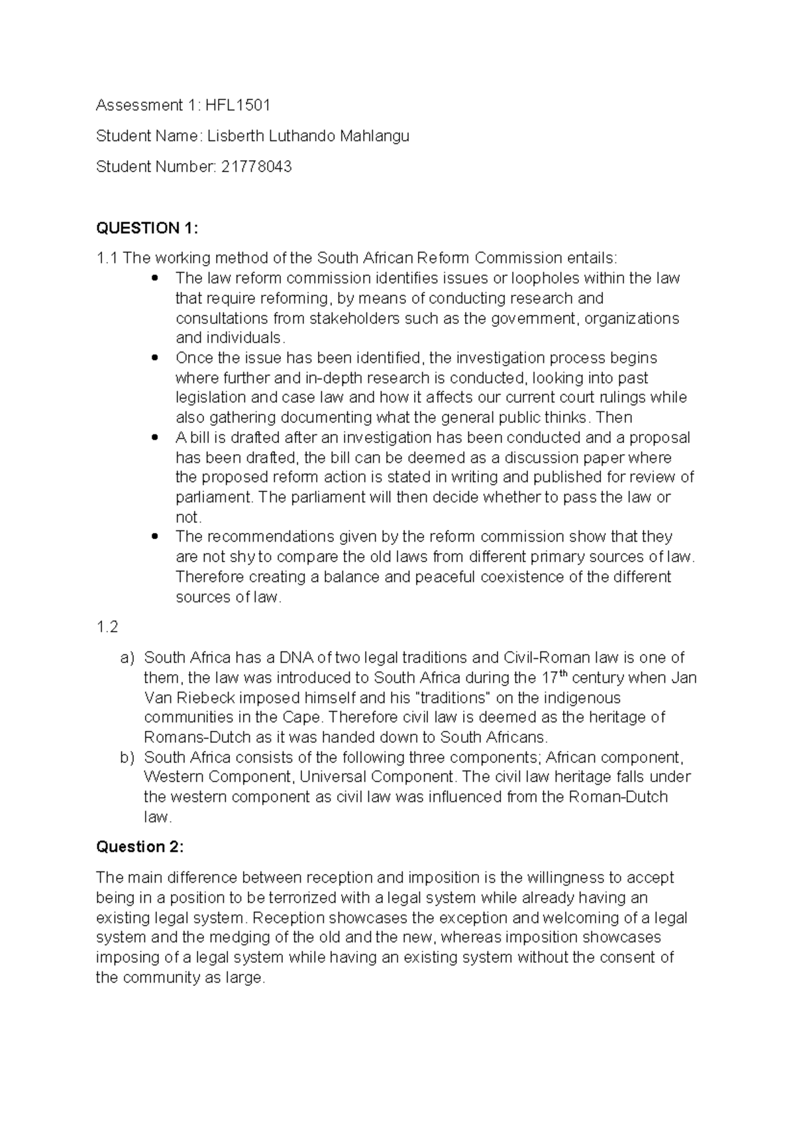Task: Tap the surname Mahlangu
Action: coord(374,136)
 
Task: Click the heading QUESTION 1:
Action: coord(147,228)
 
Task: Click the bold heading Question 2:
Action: coord(140,847)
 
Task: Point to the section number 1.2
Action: coord(107,627)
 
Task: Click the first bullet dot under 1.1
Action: coord(155,278)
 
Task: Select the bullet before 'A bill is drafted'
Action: coord(155,438)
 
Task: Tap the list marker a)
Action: coord(127,658)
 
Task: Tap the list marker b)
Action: coord(127,757)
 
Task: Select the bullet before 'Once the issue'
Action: coord(155,358)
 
